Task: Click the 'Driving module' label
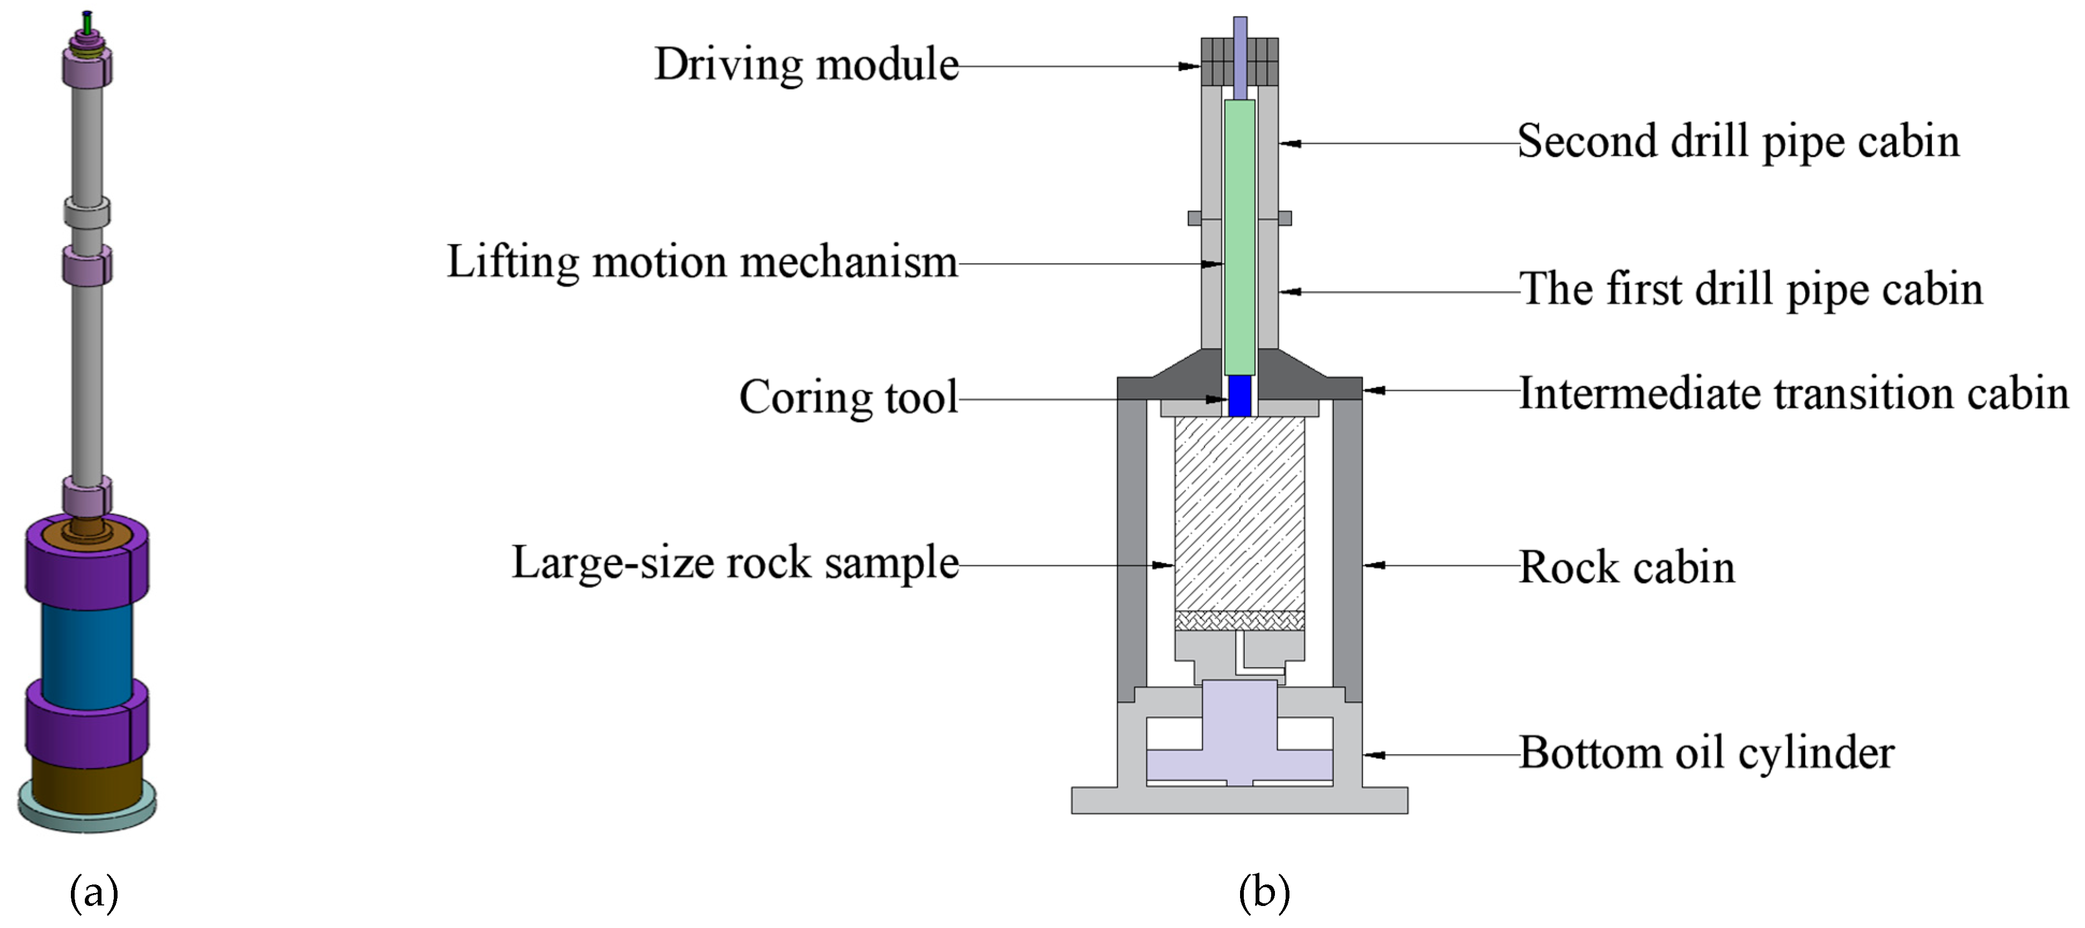tap(806, 65)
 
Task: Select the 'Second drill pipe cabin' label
tap(1738, 142)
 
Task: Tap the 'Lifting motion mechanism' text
tap(702, 263)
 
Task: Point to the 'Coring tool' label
tap(848, 397)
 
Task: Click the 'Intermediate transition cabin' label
tap(1793, 394)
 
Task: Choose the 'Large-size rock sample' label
tap(735, 563)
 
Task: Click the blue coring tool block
tap(1239, 396)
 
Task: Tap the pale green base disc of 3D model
tap(86, 814)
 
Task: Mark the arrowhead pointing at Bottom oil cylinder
tap(1374, 755)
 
